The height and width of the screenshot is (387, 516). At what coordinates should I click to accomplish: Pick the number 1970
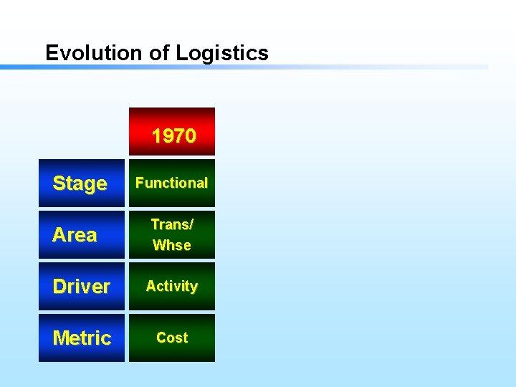point(174,135)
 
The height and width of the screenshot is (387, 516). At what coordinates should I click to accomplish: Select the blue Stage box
point(81,183)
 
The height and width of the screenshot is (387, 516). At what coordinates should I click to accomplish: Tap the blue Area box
point(81,235)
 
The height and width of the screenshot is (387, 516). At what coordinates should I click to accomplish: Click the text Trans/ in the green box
point(172,224)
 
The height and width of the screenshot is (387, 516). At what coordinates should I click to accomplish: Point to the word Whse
point(172,245)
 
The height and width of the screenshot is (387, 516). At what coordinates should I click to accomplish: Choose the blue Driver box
point(81,287)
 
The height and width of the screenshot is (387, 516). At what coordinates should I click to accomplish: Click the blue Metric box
point(81,338)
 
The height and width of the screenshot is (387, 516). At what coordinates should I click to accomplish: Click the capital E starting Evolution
point(51,52)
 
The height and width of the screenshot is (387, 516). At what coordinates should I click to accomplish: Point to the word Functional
point(172,183)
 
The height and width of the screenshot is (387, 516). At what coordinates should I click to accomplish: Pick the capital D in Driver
point(59,287)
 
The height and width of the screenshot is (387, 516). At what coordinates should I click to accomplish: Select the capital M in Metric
point(61,338)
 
